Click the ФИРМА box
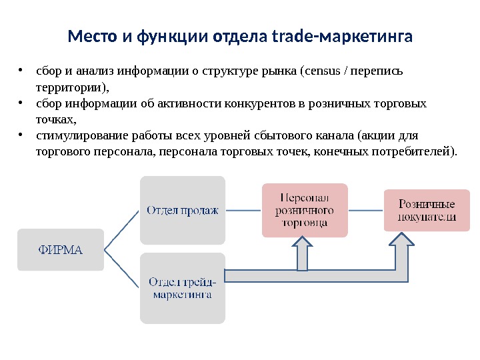tap(60, 250)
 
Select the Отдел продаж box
tap(183, 210)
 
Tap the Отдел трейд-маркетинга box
tap(183, 287)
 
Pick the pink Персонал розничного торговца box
tap(305, 210)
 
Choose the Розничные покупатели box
tap(427, 210)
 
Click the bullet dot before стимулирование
tap(22, 135)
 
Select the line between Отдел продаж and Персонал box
tap(243, 210)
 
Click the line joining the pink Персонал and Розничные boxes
tap(365, 210)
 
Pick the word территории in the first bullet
tap(69, 87)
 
